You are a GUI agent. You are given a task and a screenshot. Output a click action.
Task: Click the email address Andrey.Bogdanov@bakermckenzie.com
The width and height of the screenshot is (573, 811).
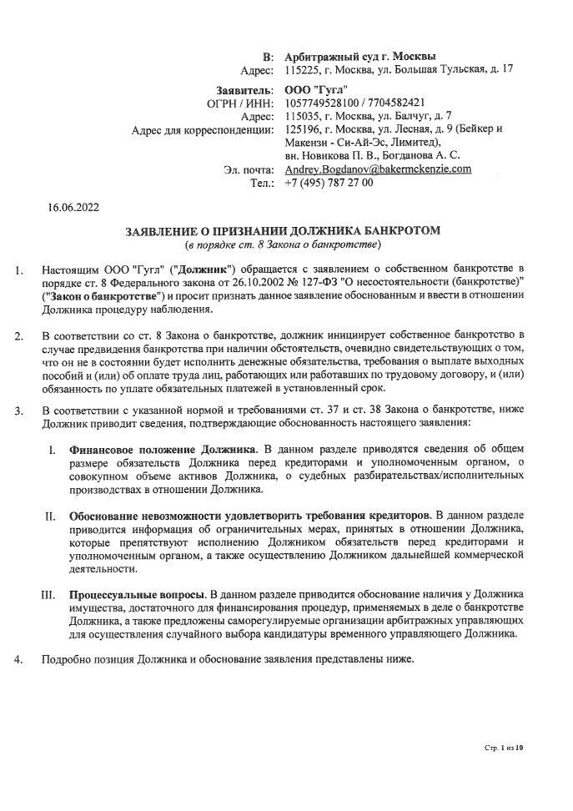[378, 169]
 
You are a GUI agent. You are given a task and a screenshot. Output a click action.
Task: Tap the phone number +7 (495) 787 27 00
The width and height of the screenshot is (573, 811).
[329, 183]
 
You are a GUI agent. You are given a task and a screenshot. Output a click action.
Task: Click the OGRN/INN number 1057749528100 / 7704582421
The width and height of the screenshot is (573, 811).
[361, 103]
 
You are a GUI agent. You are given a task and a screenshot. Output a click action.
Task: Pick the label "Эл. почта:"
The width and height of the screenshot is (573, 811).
[249, 169]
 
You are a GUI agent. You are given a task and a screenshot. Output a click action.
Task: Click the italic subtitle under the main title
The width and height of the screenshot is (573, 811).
[283, 245]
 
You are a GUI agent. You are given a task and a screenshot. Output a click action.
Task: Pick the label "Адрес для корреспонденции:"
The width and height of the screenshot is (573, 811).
[203, 129]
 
